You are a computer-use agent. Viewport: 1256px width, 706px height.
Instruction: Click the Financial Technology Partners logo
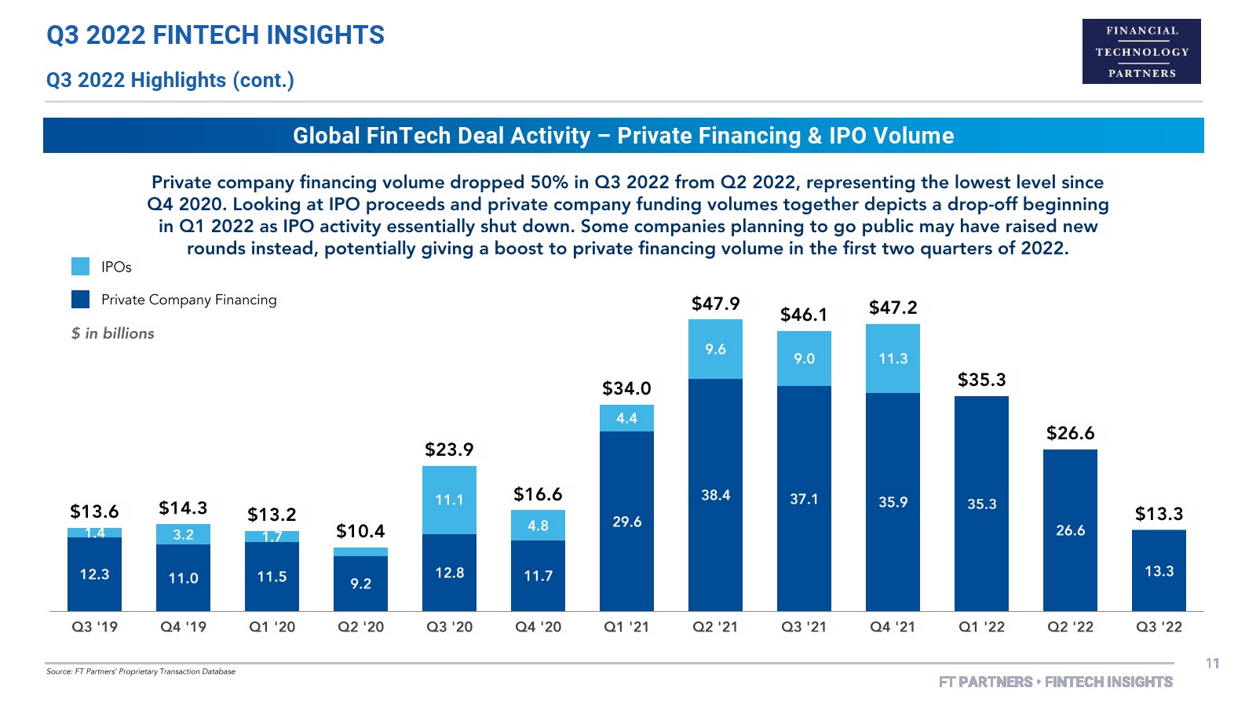pos(1141,52)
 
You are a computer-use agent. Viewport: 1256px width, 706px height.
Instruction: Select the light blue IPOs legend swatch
pos(80,267)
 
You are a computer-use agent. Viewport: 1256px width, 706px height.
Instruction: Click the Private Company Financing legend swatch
pos(80,300)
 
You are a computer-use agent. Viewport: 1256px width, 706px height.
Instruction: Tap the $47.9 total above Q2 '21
pos(715,304)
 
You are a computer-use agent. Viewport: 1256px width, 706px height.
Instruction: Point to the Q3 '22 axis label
pos(1159,627)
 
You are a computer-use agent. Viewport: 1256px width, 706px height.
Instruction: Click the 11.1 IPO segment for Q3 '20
pos(449,500)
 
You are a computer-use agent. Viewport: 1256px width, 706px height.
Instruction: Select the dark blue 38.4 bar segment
pos(715,495)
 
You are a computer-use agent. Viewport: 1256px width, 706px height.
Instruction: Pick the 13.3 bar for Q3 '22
pos(1159,571)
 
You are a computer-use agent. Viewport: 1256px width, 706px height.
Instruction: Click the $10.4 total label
pos(360,531)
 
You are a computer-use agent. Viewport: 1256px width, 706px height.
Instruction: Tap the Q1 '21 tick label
pos(626,627)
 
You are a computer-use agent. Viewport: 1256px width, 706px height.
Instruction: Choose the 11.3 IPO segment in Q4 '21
pos(893,358)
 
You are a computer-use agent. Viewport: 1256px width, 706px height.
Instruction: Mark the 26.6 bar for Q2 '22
pos(1070,530)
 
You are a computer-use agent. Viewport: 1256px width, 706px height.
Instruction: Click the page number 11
pos(1212,664)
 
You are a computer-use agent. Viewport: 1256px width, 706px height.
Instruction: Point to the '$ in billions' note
pos(113,333)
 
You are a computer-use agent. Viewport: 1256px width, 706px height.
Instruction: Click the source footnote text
pos(141,671)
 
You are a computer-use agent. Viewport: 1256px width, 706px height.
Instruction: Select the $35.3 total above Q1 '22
pos(981,380)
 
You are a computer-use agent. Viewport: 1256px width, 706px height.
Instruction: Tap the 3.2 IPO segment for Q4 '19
pos(183,534)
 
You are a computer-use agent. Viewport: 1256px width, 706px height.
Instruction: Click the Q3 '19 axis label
pos(94,627)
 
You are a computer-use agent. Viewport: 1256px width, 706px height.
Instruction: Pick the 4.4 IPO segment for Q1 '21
pos(626,418)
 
